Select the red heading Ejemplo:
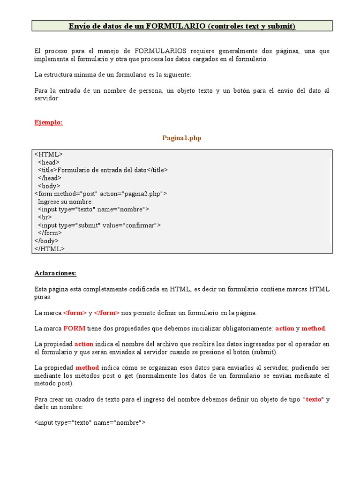tap(48, 122)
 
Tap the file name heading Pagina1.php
tap(182, 138)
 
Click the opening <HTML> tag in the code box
tap(48, 154)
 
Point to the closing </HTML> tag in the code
tap(50, 249)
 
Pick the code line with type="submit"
tap(99, 225)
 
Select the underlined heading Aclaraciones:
tap(55, 273)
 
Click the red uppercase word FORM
tap(74, 329)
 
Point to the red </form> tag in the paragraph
tap(107, 313)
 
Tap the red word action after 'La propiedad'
tap(84, 344)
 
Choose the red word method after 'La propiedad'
tap(87, 367)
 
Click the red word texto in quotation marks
tap(314, 399)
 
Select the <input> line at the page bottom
tap(90, 423)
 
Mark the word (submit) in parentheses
tap(264, 352)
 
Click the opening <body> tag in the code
tap(49, 186)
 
